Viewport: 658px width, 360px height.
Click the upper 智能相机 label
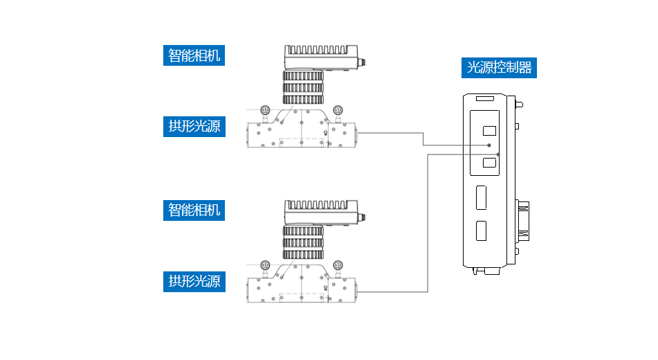[x=194, y=55]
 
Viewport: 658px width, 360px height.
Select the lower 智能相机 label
[x=194, y=210]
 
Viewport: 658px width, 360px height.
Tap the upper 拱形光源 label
[x=194, y=126]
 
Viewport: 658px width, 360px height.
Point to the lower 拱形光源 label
[x=194, y=281]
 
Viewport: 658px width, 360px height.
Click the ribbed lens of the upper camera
[x=303, y=86]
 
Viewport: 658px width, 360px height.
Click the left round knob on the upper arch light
[x=265, y=109]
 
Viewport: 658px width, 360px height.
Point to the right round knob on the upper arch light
[x=338, y=109]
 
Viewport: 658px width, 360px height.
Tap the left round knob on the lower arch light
[x=265, y=264]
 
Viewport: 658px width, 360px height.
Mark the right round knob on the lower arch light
[x=338, y=264]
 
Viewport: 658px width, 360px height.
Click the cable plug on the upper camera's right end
[x=361, y=62]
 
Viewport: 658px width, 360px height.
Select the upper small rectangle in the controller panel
[x=489, y=130]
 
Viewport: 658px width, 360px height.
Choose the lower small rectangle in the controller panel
[x=489, y=163]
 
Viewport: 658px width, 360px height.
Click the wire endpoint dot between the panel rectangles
[x=489, y=145]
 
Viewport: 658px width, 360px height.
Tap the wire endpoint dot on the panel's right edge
[x=499, y=154]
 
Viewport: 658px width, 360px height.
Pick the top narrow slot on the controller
[x=484, y=100]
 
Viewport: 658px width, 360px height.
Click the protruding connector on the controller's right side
[x=524, y=222]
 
